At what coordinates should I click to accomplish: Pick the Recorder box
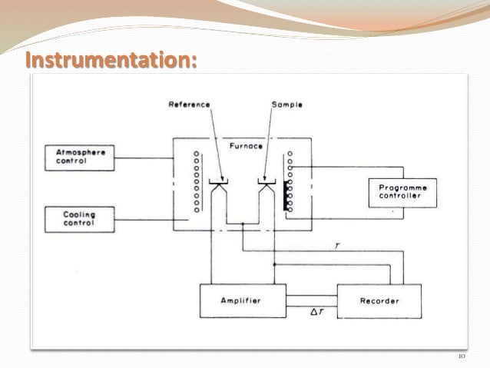coord(379,300)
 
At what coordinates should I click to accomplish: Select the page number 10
coord(461,356)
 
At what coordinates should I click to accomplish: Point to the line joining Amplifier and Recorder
coord(310,295)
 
